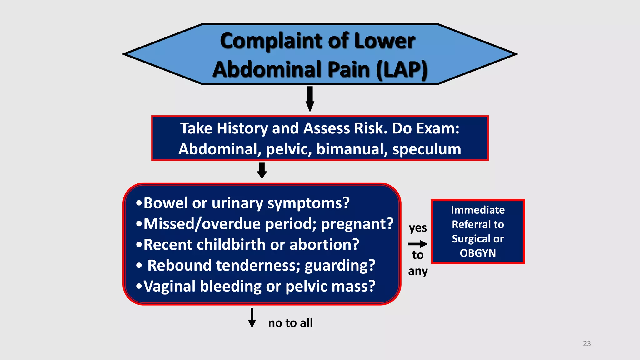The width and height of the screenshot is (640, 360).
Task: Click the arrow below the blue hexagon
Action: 310,99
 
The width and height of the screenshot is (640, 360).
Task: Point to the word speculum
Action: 427,149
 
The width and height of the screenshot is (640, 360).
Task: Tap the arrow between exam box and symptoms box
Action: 262,170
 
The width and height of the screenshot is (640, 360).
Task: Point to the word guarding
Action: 339,266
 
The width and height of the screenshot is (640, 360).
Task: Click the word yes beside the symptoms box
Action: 418,228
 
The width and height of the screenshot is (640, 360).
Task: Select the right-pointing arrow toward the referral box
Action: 418,244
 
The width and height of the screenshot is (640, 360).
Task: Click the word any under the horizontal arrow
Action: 418,271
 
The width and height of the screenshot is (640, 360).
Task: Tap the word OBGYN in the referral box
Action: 477,253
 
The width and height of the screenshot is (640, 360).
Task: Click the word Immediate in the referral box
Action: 477,210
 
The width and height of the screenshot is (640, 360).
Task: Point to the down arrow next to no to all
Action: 252,318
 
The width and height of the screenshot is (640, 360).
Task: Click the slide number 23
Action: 587,343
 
